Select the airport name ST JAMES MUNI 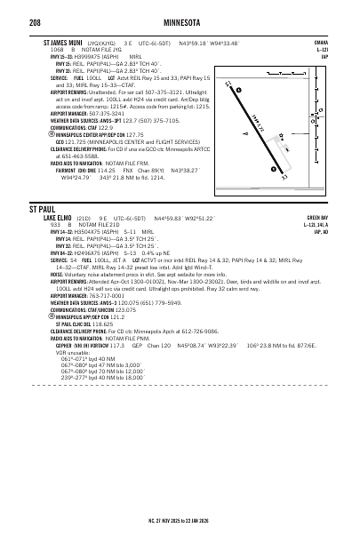tap(66, 41)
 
